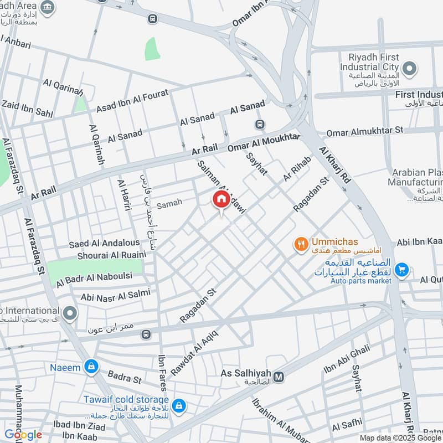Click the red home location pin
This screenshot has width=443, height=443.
click(221, 200)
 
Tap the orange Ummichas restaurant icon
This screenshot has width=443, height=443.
click(301, 244)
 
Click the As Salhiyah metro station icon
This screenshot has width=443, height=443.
click(279, 377)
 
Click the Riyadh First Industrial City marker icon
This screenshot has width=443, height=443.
click(409, 69)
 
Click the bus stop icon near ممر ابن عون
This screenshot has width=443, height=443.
click(146, 334)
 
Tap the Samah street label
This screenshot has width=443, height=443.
click(169, 204)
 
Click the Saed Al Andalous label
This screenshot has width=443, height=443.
click(104, 243)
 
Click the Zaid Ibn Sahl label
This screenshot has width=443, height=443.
click(27, 108)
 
